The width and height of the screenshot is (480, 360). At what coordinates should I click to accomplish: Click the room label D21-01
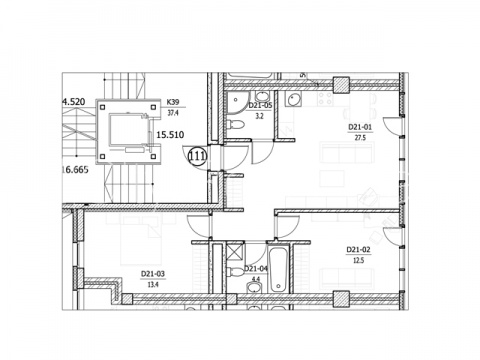tap(360, 127)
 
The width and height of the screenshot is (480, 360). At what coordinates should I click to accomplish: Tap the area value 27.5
tap(360, 138)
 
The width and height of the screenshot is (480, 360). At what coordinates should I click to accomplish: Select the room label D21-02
tap(358, 250)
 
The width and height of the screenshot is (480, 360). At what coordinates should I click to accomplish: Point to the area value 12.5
tap(358, 260)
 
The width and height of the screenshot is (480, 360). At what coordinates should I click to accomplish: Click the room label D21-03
tap(153, 274)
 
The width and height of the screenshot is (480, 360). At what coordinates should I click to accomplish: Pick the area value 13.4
tap(153, 285)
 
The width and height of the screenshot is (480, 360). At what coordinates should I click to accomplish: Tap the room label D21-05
tap(260, 106)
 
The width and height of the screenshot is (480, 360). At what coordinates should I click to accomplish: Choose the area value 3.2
tap(259, 116)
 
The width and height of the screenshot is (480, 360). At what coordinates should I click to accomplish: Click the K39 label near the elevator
tap(173, 102)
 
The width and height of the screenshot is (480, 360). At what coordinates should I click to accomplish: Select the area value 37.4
tap(173, 113)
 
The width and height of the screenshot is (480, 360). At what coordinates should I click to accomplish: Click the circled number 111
tap(198, 156)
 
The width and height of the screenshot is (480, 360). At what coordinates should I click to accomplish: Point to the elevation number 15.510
tap(170, 135)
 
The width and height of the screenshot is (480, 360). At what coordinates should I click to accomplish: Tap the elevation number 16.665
tap(75, 170)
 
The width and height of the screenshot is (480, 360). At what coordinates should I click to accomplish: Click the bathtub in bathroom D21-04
tap(278, 269)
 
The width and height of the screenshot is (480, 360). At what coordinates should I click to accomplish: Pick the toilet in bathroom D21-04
tap(236, 271)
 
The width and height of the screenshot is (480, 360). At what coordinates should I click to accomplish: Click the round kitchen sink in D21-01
tap(294, 100)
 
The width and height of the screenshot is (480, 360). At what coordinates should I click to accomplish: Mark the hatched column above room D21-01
tap(341, 85)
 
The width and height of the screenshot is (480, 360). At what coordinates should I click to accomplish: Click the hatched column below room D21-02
tap(341, 299)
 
